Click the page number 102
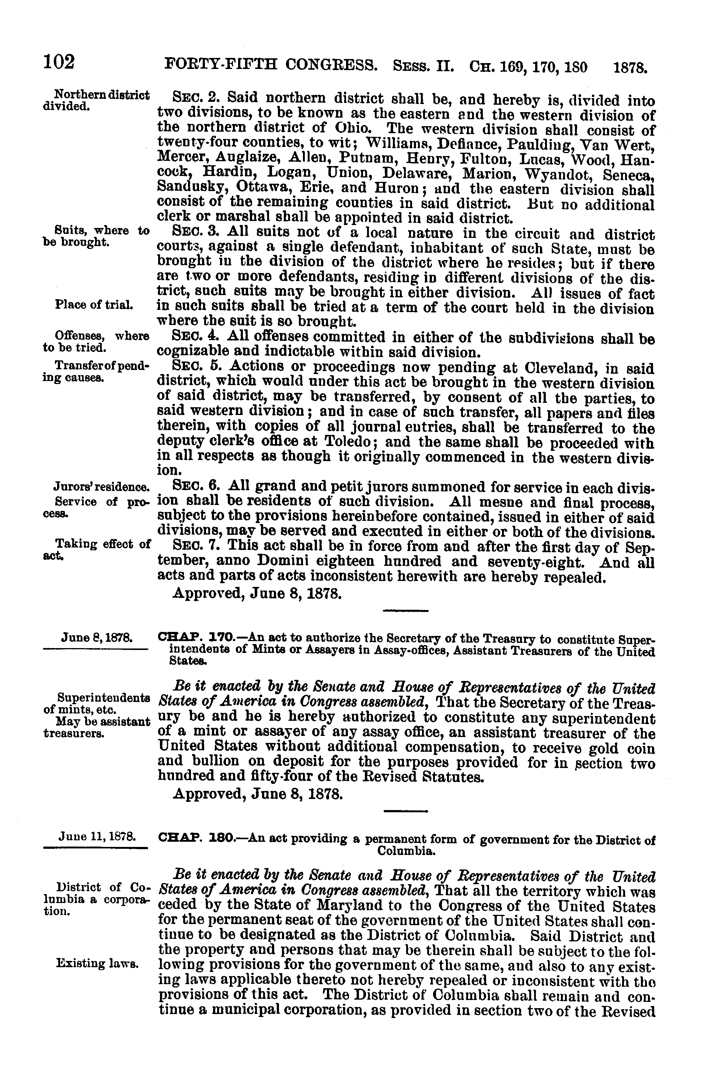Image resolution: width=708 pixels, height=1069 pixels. (59, 62)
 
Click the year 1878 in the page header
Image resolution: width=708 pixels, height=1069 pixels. (631, 68)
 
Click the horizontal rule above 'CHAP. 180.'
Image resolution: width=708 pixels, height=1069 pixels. (405, 812)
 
